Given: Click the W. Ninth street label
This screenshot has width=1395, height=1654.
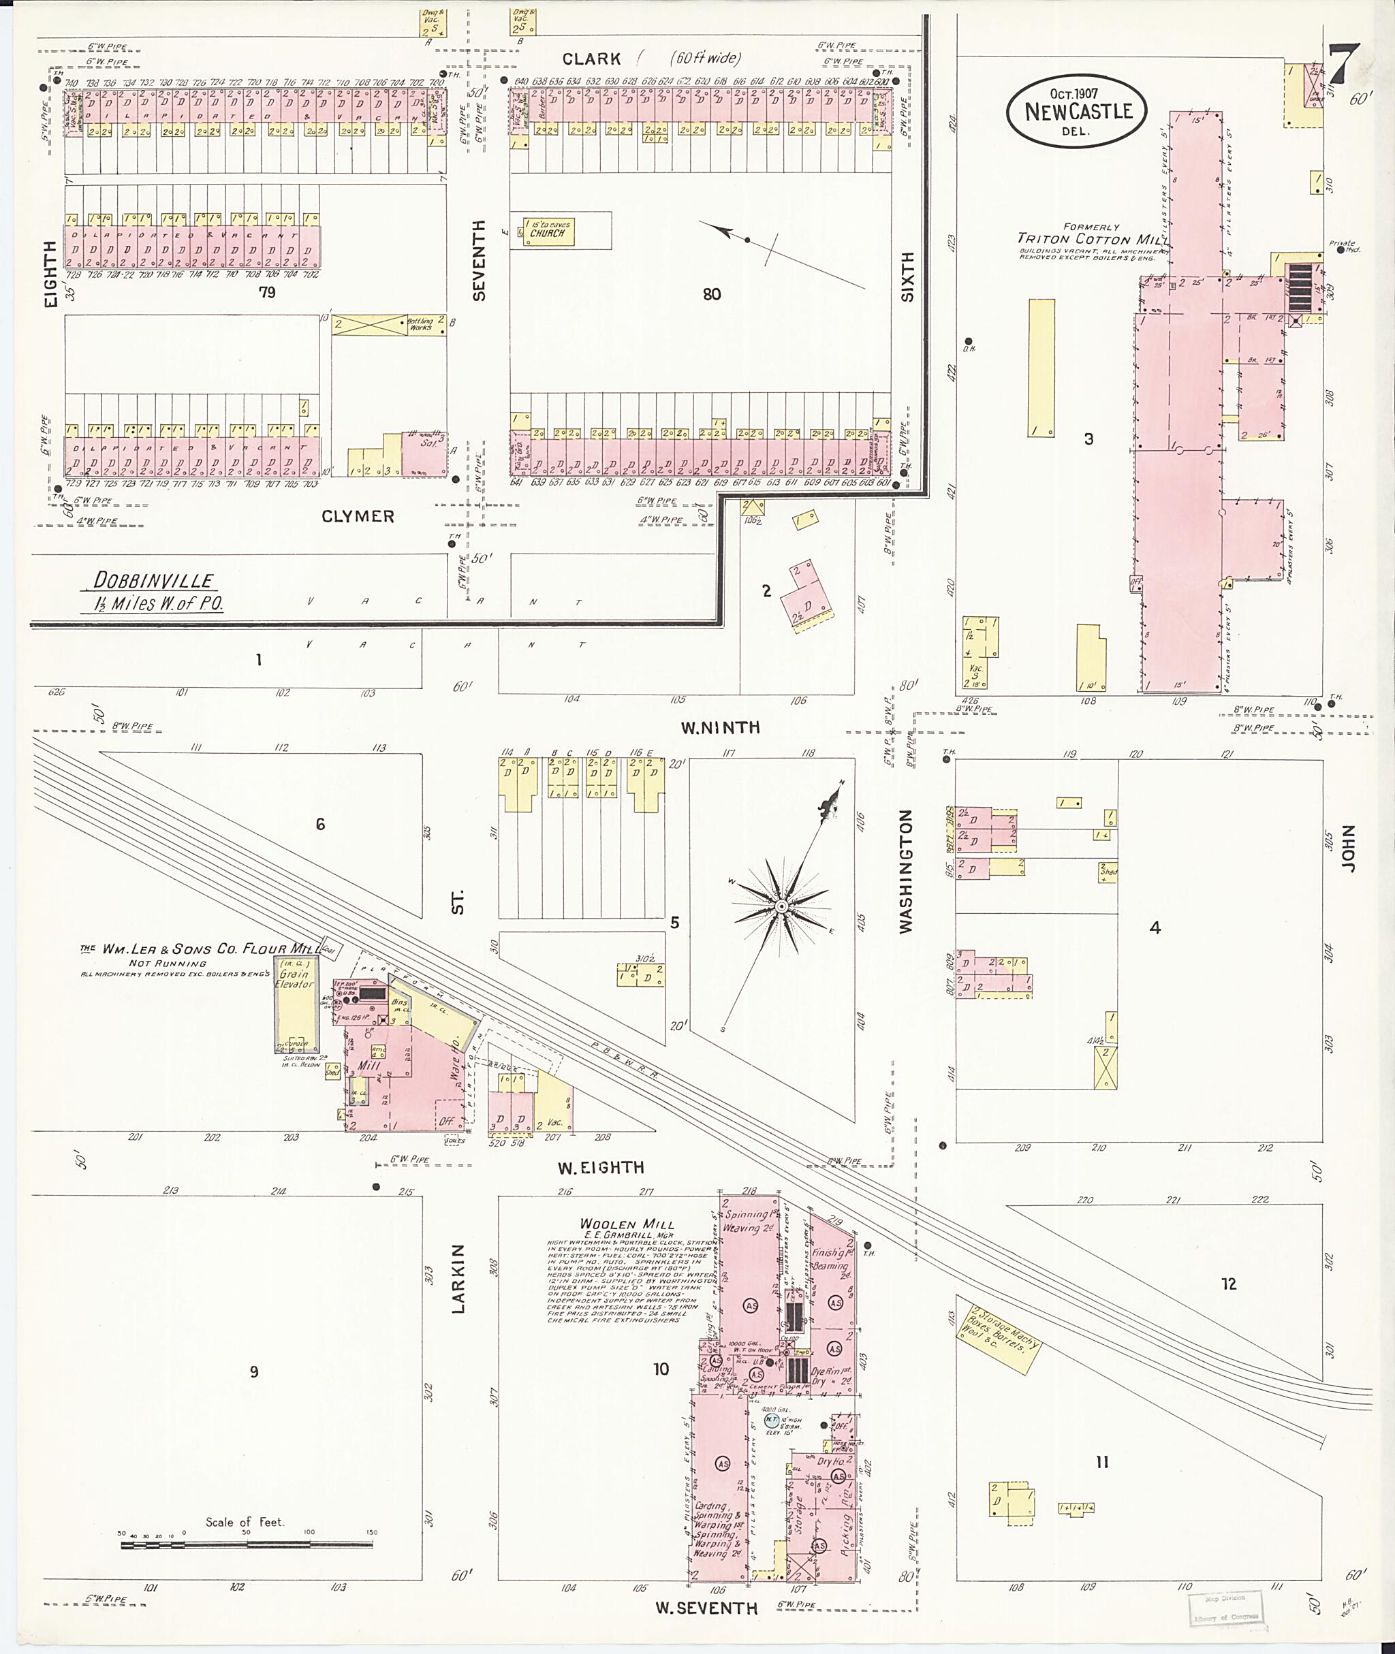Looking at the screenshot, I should pyautogui.click(x=720, y=727).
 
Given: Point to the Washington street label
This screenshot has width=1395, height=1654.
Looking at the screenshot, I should pyautogui.click(x=907, y=872).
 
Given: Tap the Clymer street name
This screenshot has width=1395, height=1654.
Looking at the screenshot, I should pyautogui.click(x=358, y=516).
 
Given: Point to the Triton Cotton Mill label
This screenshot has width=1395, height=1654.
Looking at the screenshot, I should pyautogui.click(x=1090, y=238).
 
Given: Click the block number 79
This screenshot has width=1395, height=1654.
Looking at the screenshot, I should pyautogui.click(x=266, y=293).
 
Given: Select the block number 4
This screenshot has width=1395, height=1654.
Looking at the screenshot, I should pyautogui.click(x=1155, y=927).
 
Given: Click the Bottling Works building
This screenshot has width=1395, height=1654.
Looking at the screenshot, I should pyautogui.click(x=388, y=324).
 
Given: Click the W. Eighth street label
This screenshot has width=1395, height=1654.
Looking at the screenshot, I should pyautogui.click(x=601, y=1168).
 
